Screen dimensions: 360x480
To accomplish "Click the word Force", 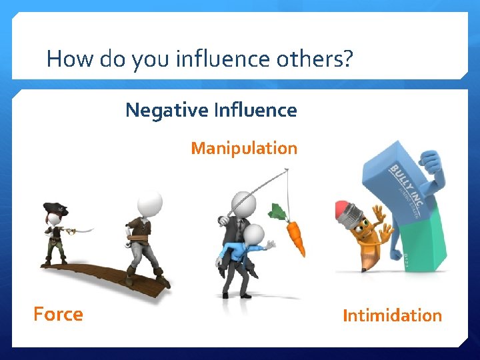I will click(x=59, y=314).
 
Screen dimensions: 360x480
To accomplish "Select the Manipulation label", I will click(x=244, y=148).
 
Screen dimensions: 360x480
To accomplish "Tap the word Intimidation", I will click(x=392, y=315).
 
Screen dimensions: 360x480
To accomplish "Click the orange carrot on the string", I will click(x=295, y=239).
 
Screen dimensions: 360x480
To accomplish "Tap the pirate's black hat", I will click(x=55, y=209).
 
